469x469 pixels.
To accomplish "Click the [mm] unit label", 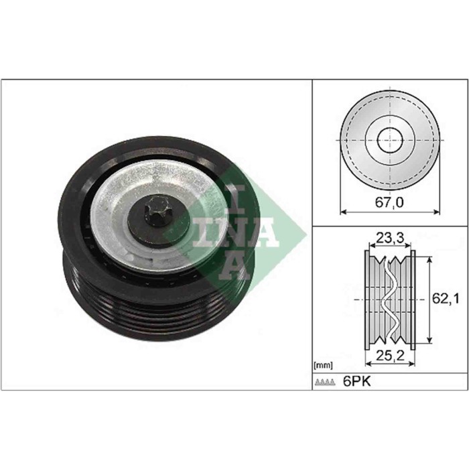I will tap(323, 366).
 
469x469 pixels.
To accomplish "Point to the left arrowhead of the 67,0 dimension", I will tap(343, 212).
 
